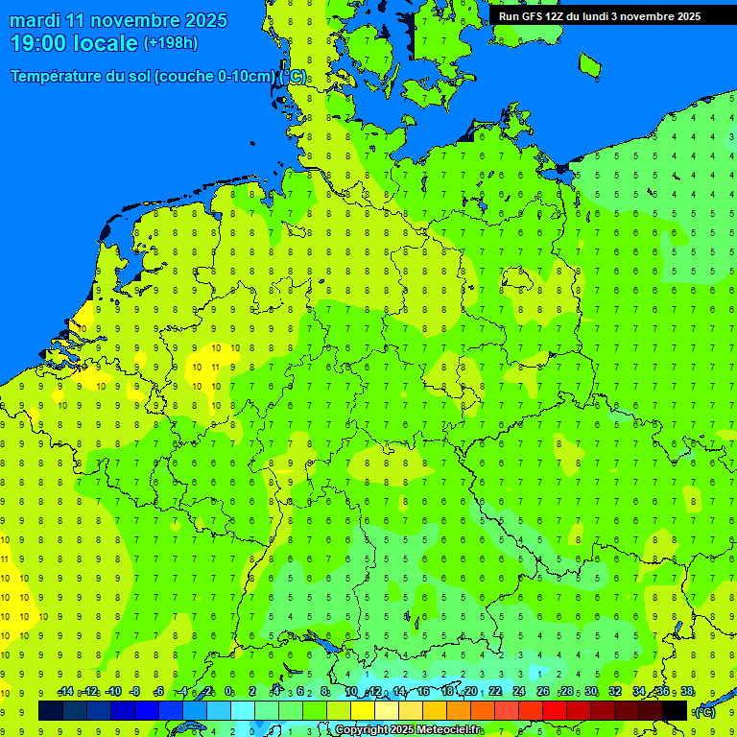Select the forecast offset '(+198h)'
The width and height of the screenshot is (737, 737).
pos(170,43)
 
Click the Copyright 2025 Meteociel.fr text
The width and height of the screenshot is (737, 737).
pos(408,730)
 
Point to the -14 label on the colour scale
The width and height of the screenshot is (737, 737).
pos(65,692)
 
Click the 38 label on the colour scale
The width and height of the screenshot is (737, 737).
pos(687,692)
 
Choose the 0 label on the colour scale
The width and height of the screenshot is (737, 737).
pos(228,692)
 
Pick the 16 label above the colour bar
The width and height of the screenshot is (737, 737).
pos(423,692)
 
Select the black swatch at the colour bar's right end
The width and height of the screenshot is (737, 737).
pos(675,710)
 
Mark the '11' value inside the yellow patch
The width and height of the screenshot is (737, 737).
pos(215,367)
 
